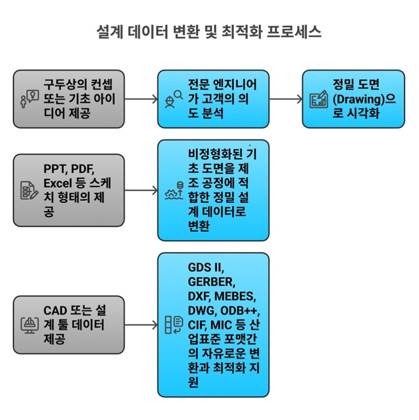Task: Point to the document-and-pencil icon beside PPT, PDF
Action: [30, 190]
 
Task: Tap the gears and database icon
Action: [173, 190]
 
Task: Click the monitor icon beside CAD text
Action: [30, 325]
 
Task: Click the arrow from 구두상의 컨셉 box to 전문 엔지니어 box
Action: [141, 99]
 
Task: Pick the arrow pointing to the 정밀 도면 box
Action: [285, 99]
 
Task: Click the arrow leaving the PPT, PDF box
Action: [141, 190]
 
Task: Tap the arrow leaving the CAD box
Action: [141, 325]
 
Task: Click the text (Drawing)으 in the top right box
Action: [364, 99]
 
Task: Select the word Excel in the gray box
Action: [58, 183]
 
